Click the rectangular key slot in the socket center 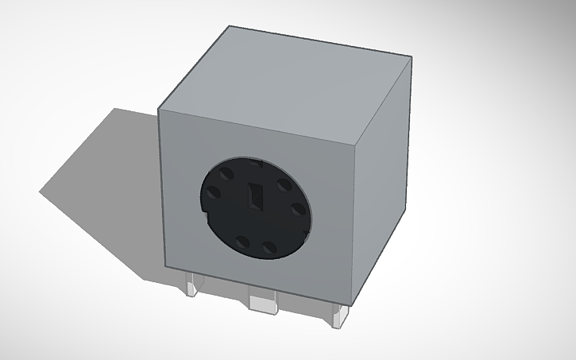pos(256,196)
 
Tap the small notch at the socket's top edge pos(256,161)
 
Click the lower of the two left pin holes pos(215,195)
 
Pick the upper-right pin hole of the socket pos(283,184)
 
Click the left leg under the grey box pos(192,285)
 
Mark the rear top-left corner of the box pos(229,26)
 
